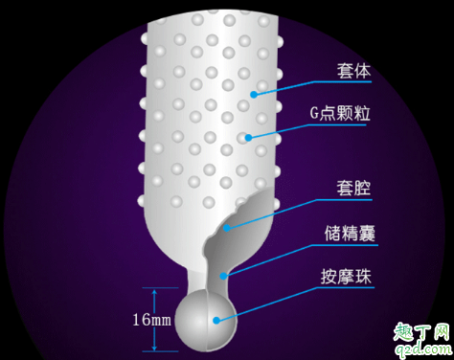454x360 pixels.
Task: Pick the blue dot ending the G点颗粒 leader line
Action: (x=247, y=137)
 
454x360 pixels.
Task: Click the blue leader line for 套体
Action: (x=287, y=82)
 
